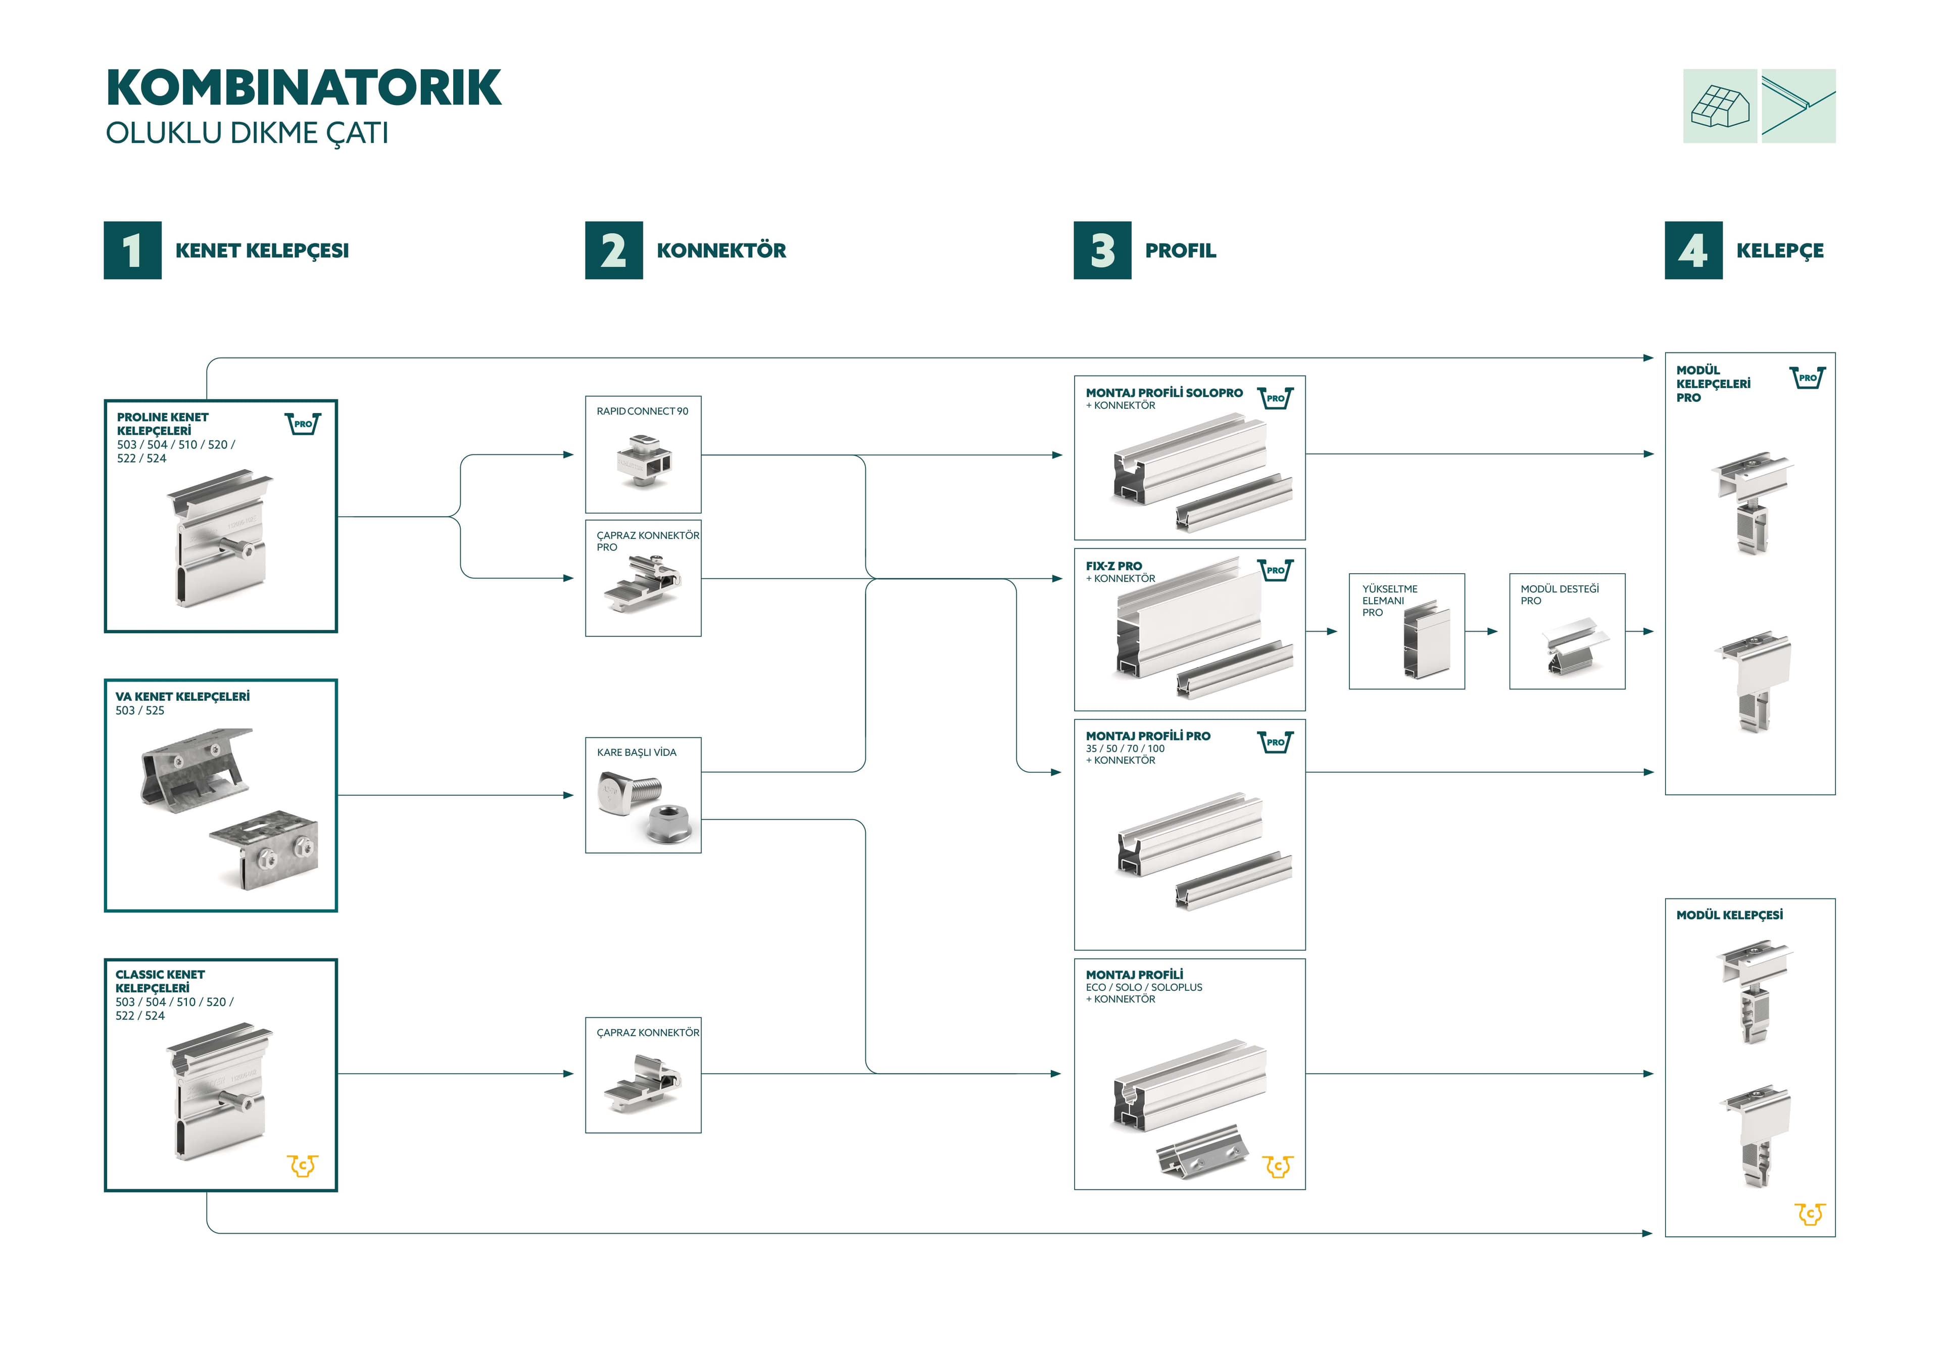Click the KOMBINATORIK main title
point(303,88)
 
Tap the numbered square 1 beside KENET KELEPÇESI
point(133,250)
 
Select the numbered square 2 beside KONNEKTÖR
point(614,250)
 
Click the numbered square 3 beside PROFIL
point(1103,250)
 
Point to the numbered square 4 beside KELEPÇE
point(1693,250)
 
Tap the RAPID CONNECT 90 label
point(642,412)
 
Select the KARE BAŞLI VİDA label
point(636,752)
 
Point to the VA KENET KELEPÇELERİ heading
point(182,697)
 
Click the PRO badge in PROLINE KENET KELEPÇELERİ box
point(303,423)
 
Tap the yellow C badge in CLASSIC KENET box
point(303,1166)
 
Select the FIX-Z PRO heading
point(1113,566)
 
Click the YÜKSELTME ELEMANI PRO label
point(1390,600)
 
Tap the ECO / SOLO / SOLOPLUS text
point(1144,988)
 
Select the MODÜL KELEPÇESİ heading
point(1730,915)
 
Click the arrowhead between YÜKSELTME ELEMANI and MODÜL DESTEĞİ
point(1492,631)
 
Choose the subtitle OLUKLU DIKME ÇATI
point(247,133)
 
